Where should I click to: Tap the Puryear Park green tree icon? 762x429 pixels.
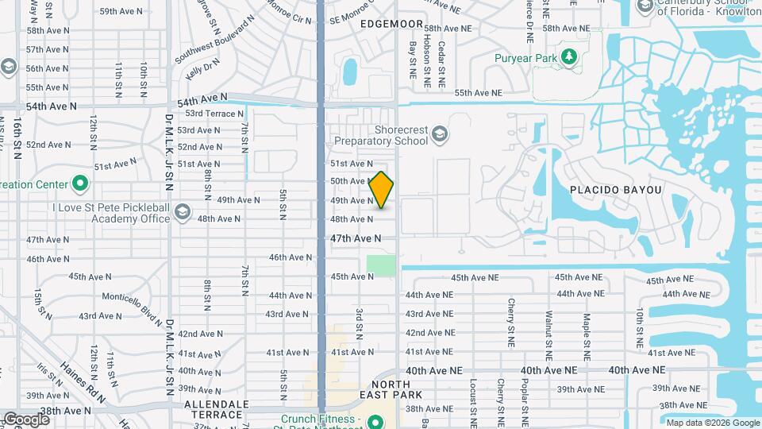click(x=568, y=56)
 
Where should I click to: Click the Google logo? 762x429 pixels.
click(x=26, y=419)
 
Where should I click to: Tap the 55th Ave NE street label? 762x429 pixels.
click(x=479, y=93)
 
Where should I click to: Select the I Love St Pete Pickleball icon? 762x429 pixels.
click(x=183, y=211)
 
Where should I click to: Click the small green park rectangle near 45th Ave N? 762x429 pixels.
click(x=381, y=265)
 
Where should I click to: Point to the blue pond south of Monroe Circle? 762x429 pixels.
click(x=350, y=71)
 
